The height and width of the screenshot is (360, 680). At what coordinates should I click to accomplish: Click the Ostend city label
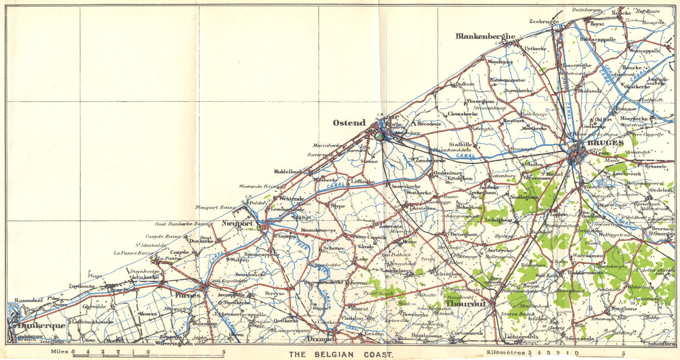pos(349,123)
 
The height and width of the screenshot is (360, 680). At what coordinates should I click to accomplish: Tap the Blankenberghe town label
pos(485,36)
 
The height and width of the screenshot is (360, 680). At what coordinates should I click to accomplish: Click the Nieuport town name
pos(238,223)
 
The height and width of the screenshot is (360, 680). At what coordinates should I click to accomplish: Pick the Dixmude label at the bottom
pos(322,339)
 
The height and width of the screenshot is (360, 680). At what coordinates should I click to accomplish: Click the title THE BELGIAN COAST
pos(341,354)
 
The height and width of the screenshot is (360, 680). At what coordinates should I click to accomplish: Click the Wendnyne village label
pos(500,62)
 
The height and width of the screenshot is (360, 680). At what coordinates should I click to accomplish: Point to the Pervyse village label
pos(274,293)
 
